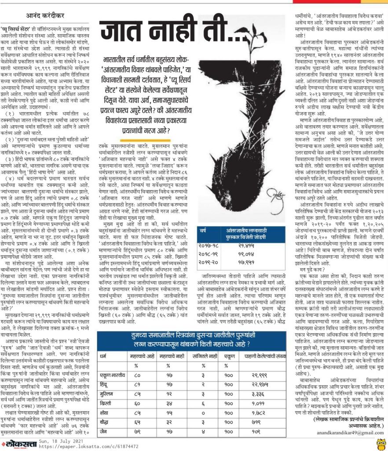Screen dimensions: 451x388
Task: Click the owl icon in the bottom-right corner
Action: [381, 443]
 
